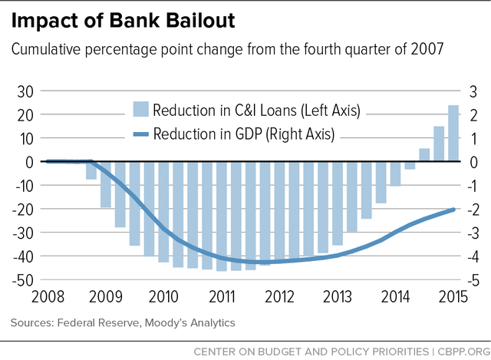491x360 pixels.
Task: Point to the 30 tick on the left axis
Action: point(25,91)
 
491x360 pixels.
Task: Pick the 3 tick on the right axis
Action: point(475,91)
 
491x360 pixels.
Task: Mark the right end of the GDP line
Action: point(453,209)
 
